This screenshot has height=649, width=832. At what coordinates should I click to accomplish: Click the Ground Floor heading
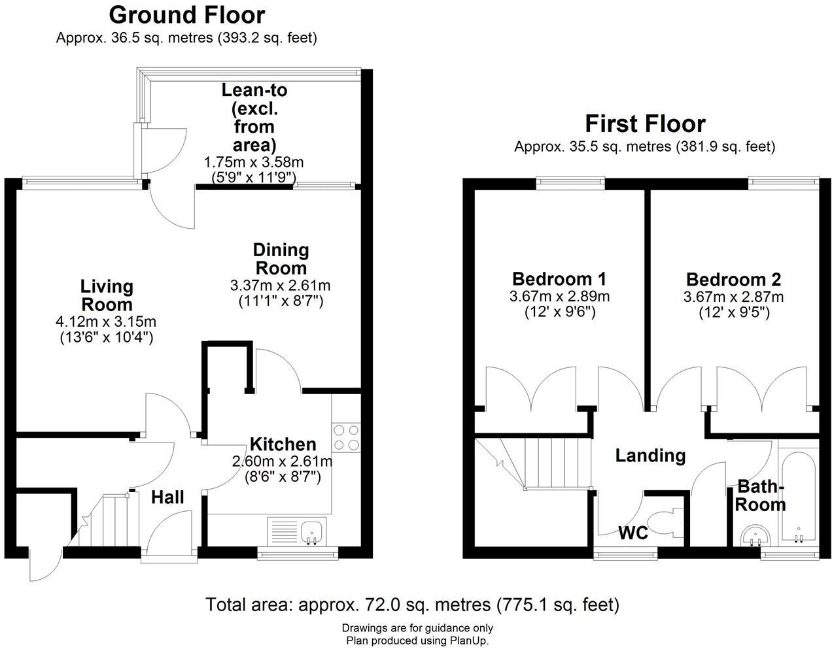pyautogui.click(x=186, y=14)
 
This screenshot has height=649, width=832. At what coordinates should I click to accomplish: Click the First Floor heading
pyautogui.click(x=644, y=124)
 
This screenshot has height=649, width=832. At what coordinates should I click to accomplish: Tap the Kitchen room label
pyautogui.click(x=283, y=444)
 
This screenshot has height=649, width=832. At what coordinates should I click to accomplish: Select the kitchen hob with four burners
pyautogui.click(x=346, y=437)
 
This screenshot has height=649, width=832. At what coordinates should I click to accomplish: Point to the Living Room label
pyautogui.click(x=106, y=295)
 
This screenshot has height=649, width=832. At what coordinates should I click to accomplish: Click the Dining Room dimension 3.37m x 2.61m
pyautogui.click(x=280, y=286)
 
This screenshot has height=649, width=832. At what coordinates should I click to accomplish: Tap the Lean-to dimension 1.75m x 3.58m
pyautogui.click(x=254, y=162)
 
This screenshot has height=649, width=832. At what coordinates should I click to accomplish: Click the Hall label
pyautogui.click(x=167, y=497)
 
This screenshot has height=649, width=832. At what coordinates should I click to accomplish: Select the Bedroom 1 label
pyautogui.click(x=559, y=279)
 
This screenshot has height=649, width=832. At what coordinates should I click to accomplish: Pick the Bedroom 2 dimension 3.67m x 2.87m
pyautogui.click(x=733, y=297)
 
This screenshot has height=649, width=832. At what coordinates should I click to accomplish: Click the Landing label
pyautogui.click(x=650, y=456)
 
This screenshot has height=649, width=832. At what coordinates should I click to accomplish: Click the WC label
pyautogui.click(x=633, y=533)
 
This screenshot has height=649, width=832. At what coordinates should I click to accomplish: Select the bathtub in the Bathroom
pyautogui.click(x=797, y=495)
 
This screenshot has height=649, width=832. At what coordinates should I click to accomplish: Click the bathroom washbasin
pyautogui.click(x=755, y=537)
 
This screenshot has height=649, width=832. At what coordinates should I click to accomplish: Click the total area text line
pyautogui.click(x=412, y=605)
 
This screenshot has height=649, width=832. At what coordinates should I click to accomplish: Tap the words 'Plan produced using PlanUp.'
pyautogui.click(x=417, y=641)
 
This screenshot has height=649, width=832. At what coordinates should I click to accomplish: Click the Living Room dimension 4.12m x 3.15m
pyautogui.click(x=106, y=322)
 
